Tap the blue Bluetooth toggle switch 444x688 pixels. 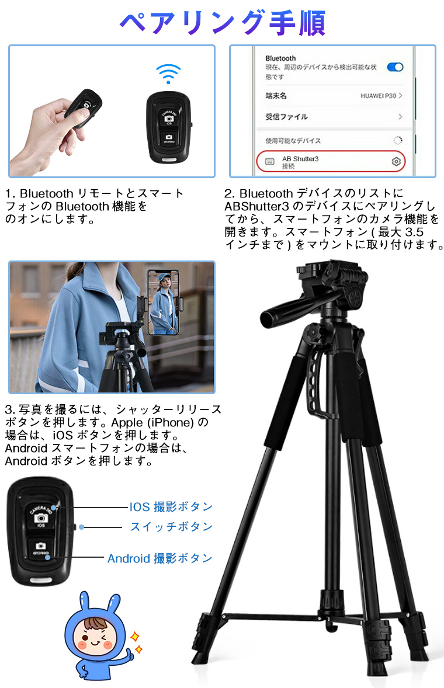coord(396,67)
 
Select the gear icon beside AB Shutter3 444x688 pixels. coord(396,161)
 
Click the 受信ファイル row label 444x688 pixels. coord(286,117)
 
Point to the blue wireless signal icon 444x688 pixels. coord(168,74)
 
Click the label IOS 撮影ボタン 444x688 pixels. coord(171,507)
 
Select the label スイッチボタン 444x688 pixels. coord(171,527)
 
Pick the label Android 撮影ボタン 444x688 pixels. coord(159,558)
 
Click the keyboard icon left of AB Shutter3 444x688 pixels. coord(270,161)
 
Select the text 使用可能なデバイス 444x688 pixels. coord(293,141)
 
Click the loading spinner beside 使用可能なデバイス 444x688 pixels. coord(397,140)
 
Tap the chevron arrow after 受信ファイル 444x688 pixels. coord(400,117)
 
